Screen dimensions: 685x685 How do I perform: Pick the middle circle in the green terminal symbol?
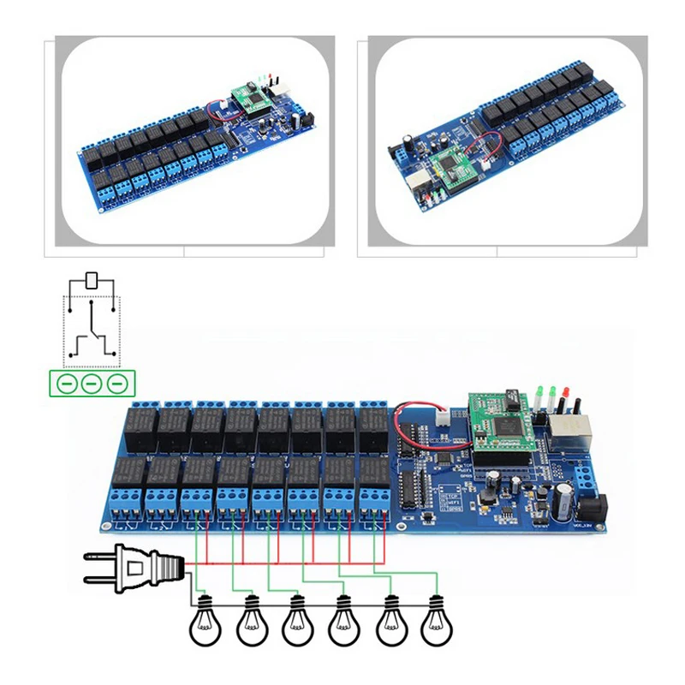pos(91,383)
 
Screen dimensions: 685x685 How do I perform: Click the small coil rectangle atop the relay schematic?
pos(92,280)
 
